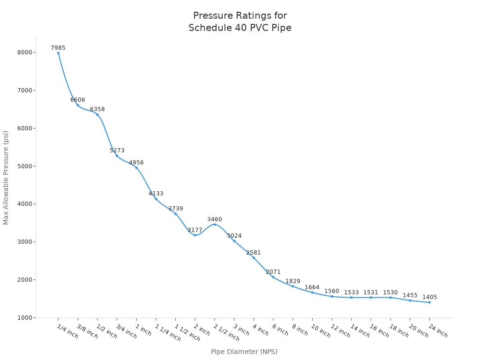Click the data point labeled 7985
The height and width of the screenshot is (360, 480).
click(x=58, y=53)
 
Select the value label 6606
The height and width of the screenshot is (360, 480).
click(x=78, y=100)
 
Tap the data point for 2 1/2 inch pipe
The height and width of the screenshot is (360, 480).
click(x=215, y=224)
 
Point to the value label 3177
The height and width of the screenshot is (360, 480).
click(x=195, y=230)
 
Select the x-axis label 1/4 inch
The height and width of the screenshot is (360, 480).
click(x=67, y=331)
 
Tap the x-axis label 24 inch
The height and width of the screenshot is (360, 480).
click(x=438, y=331)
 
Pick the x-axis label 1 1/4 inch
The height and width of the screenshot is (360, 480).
click(x=167, y=333)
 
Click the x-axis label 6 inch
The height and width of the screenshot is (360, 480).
click(x=280, y=330)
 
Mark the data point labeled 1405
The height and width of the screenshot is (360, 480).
click(x=429, y=302)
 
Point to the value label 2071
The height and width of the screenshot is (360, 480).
click(x=273, y=272)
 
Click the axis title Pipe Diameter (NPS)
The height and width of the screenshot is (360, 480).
click(x=244, y=352)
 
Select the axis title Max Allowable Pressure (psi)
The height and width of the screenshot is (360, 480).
click(x=6, y=178)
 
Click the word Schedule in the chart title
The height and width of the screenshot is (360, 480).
click(x=208, y=28)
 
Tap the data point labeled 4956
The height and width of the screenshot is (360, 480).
click(x=136, y=168)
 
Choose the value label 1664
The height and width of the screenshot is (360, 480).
click(x=312, y=287)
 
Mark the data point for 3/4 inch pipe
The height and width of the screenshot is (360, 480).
click(x=117, y=156)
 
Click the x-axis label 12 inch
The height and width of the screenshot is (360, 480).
click(x=340, y=331)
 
